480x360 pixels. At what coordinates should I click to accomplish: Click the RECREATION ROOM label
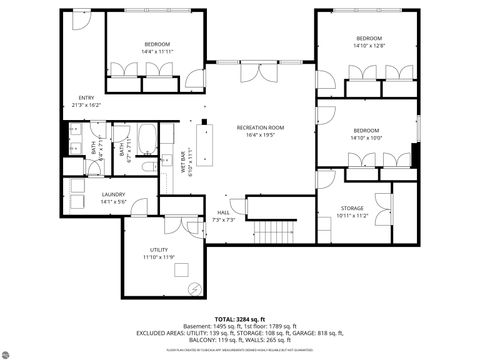(x=261, y=127)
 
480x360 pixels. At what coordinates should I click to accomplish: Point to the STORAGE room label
(x=353, y=208)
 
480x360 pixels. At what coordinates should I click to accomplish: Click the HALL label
(x=224, y=212)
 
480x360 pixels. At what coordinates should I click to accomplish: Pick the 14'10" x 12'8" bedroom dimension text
(x=367, y=45)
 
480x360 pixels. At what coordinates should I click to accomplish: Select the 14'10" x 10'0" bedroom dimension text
(x=365, y=137)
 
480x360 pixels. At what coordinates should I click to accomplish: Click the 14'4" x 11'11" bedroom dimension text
(x=157, y=52)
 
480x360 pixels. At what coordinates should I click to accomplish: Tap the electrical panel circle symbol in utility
(x=195, y=287)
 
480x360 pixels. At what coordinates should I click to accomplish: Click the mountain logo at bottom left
(x=15, y=350)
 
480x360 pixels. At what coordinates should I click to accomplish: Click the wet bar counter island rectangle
(x=208, y=148)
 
